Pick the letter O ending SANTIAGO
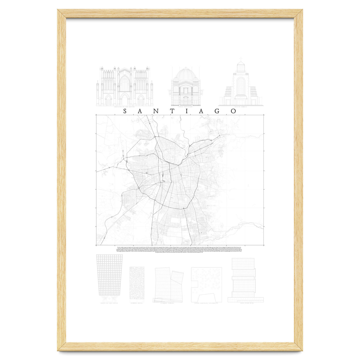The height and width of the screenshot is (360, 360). [233, 111]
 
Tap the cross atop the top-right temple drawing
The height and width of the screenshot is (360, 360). [241, 59]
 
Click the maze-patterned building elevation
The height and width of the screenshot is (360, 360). [136, 283]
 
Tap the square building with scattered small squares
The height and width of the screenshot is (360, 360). [206, 284]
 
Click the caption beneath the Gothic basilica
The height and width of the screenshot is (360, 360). [124, 107]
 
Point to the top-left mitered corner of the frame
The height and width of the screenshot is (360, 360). [62, 14]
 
